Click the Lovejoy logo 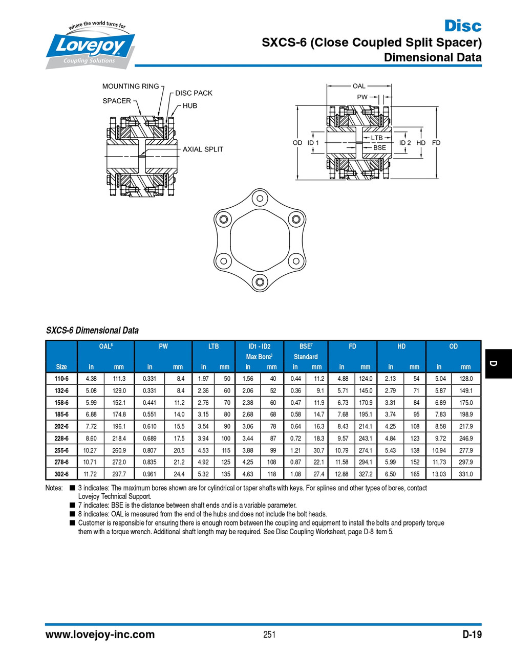point(90,46)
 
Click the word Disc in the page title point(462,26)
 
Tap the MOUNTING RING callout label point(131,86)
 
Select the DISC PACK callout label point(194,93)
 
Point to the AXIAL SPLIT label point(203,149)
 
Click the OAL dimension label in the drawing point(359,86)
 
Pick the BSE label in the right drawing point(379,147)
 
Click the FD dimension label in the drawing point(436,143)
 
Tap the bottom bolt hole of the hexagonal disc point(260,282)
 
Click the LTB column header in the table point(214,346)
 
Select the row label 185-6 point(61,414)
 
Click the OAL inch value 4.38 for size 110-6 point(91,379)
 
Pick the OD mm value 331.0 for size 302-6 point(465,474)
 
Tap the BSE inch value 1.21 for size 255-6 point(295,450)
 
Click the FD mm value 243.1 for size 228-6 point(365,439)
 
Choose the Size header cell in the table point(61,366)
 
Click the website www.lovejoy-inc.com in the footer point(100,635)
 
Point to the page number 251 point(269,635)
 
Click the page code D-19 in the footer point(472,635)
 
